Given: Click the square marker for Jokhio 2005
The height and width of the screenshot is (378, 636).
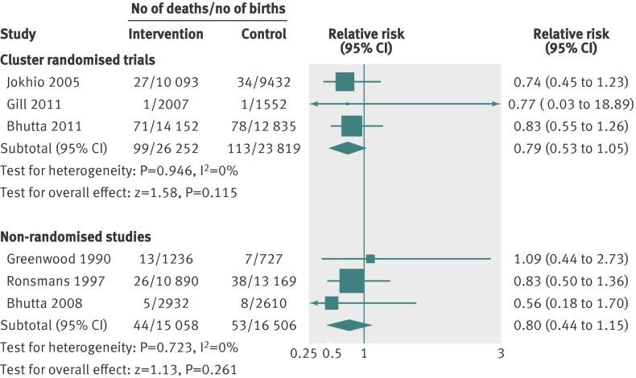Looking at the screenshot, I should click(345, 81).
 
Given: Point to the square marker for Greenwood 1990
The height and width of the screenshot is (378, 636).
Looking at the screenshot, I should click(370, 258).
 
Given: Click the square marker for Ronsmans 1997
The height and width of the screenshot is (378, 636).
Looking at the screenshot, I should click(352, 281).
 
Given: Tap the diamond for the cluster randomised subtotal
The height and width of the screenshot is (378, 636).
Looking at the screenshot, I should click(348, 148).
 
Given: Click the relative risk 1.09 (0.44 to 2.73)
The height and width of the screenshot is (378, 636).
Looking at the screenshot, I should click(569, 258).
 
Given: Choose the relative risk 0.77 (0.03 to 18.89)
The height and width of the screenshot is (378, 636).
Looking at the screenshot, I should click(572, 104).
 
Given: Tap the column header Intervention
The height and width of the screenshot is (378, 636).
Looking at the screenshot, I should click(166, 34).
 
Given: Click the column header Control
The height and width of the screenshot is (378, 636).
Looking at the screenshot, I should click(264, 34).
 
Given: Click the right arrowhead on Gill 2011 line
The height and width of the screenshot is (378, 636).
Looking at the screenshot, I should click(496, 104).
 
